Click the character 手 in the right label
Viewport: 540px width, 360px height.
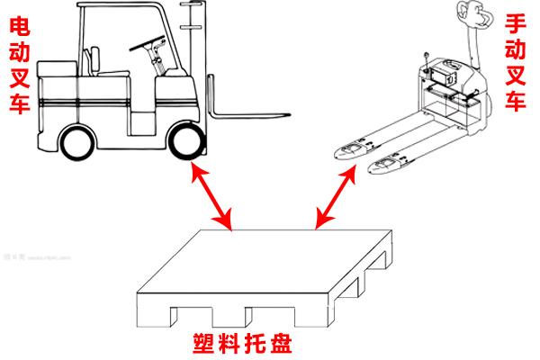517,23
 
